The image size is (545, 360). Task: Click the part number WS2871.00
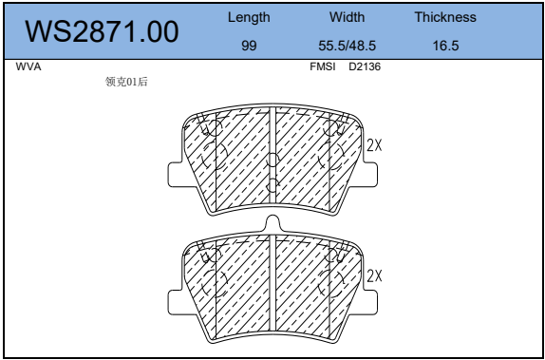(x=102, y=31)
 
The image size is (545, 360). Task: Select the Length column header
(x=249, y=17)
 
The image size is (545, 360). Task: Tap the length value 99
(x=249, y=46)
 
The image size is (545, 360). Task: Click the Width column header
(x=348, y=17)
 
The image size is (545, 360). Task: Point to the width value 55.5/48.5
(x=348, y=46)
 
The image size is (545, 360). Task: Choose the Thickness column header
(x=445, y=17)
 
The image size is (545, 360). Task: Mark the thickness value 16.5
(x=445, y=46)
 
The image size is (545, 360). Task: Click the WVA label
(x=28, y=66)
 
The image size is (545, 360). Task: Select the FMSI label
(x=323, y=66)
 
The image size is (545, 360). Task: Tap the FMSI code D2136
(x=365, y=66)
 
